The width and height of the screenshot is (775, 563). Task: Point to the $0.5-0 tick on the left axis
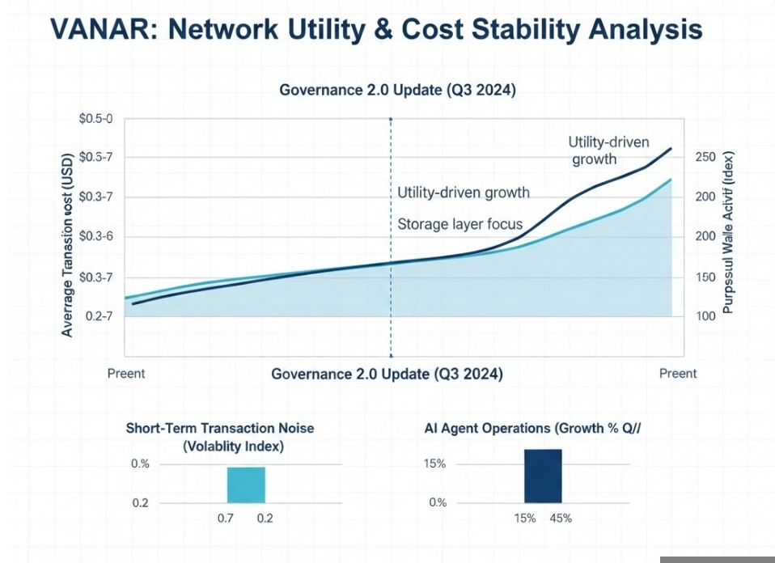pyautogui.click(x=96, y=119)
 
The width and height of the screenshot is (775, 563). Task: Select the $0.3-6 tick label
pyautogui.click(x=96, y=237)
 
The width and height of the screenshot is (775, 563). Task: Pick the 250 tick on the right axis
pyautogui.click(x=705, y=157)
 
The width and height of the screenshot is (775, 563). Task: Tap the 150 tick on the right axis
pyautogui.click(x=705, y=277)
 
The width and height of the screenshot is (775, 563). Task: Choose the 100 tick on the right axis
pyautogui.click(x=705, y=316)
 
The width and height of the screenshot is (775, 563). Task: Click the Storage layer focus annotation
pyautogui.click(x=459, y=224)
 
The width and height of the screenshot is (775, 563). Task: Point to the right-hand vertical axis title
pyautogui.click(x=728, y=231)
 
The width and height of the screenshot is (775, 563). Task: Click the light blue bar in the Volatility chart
pyautogui.click(x=245, y=485)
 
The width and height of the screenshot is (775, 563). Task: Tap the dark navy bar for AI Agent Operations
pyautogui.click(x=543, y=476)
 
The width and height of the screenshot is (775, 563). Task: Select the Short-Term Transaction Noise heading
pyautogui.click(x=220, y=429)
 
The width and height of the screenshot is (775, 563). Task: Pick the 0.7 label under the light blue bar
pyautogui.click(x=226, y=518)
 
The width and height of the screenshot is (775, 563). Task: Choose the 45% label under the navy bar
pyautogui.click(x=560, y=518)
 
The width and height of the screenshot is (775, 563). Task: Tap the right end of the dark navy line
pyautogui.click(x=671, y=149)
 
